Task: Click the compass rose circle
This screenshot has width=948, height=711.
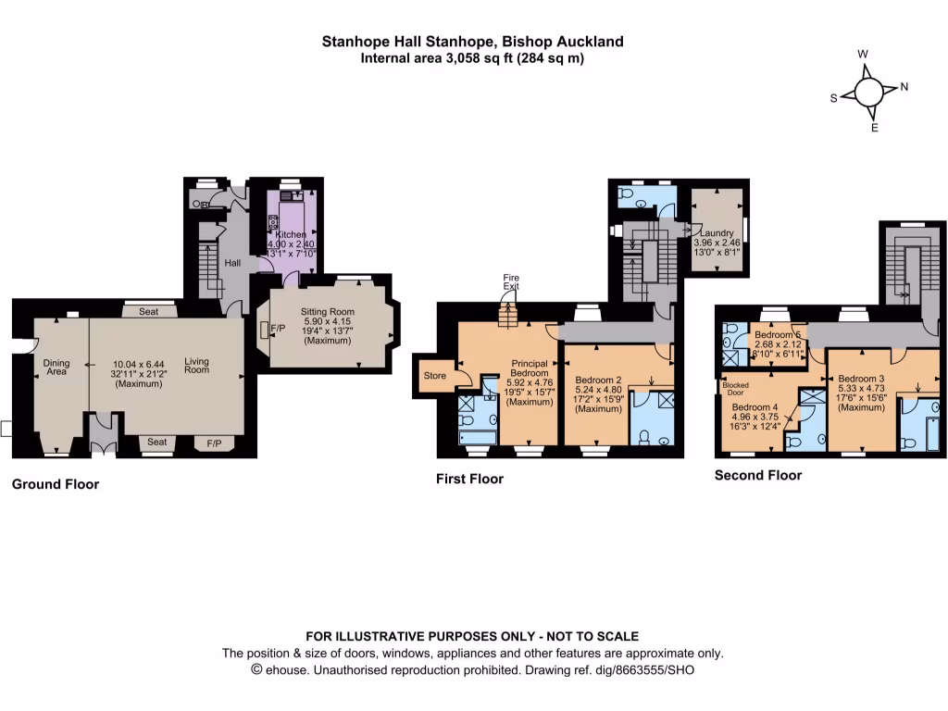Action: (868, 92)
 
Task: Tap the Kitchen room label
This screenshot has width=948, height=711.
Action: (291, 234)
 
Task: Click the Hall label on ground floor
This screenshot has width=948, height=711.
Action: (233, 263)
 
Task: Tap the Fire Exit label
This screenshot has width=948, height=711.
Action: (511, 282)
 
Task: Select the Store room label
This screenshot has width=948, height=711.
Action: (435, 376)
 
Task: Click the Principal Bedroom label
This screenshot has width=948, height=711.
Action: (530, 368)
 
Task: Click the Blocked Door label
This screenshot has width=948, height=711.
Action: (735, 389)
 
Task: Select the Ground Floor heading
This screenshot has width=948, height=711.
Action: (56, 484)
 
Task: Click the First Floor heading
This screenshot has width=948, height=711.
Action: (470, 479)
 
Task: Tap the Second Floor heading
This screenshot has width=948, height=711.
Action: (758, 475)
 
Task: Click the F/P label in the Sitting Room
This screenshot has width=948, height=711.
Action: (278, 327)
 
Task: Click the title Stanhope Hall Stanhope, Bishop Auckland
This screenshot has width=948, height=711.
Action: (472, 42)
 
